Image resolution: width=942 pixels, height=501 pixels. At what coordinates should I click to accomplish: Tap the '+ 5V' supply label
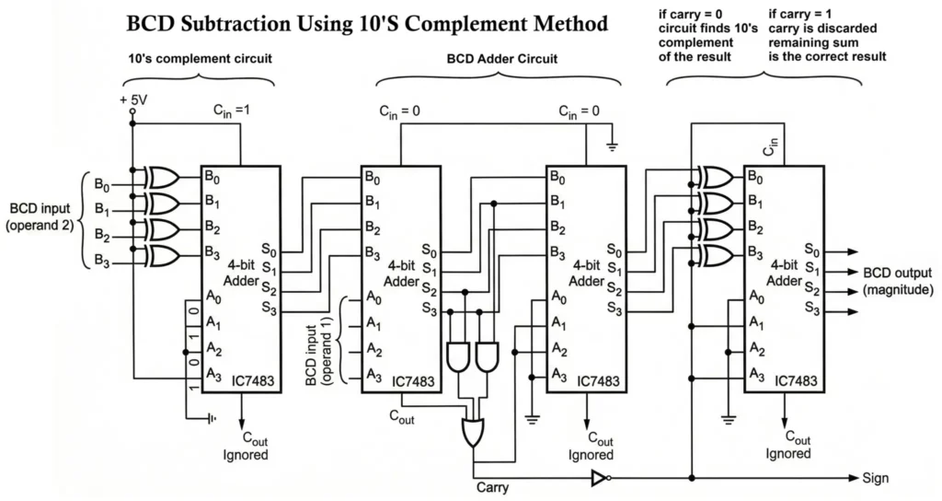[133, 99]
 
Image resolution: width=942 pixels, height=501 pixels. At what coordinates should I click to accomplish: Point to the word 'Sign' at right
[876, 478]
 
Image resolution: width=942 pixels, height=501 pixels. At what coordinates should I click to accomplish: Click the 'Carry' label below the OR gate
[492, 486]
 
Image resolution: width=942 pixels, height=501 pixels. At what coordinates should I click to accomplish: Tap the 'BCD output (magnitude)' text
[897, 281]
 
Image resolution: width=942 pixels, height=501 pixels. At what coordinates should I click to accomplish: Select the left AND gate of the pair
[457, 355]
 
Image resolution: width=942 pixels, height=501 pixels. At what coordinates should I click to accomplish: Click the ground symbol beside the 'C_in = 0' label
[612, 146]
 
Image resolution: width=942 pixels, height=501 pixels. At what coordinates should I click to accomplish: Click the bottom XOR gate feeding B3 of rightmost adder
[715, 253]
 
